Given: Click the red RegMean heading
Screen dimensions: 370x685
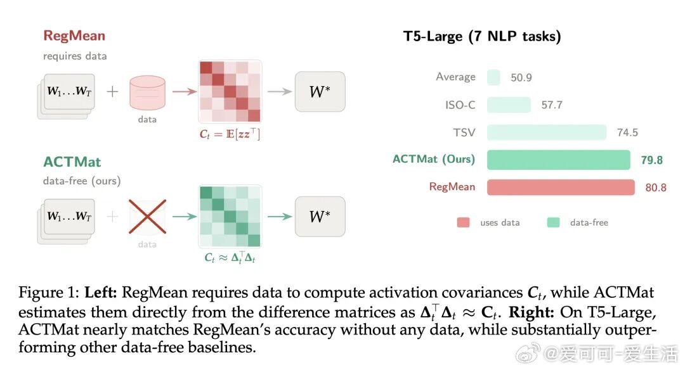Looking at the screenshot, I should [74, 36].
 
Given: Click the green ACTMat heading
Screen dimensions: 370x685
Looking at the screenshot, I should [72, 162].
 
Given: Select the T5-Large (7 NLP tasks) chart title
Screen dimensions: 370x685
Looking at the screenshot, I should [482, 37].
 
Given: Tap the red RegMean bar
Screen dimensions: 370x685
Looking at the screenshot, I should [561, 188].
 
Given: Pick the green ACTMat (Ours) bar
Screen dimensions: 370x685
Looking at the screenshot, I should [558, 160].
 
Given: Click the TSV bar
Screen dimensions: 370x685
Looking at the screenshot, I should [546, 132].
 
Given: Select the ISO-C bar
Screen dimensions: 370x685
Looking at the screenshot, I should [509, 105].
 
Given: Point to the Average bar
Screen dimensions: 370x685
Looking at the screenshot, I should [494, 77].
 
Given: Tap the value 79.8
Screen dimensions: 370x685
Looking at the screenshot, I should [651, 160].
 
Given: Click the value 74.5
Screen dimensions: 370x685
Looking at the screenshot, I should [627, 132].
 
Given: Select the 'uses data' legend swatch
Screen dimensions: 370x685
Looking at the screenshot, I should [464, 222].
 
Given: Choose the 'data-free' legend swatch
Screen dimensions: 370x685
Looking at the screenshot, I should [553, 222].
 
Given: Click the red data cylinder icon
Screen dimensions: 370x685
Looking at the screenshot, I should [147, 92].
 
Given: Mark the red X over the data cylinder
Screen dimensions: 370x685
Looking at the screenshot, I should [147, 217].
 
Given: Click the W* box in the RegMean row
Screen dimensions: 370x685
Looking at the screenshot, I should [320, 92].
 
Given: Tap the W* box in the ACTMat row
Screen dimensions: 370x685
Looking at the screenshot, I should [320, 217].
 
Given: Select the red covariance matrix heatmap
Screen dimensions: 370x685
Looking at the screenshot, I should [230, 91].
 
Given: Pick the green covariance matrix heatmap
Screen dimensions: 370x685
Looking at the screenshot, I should [230, 216].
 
